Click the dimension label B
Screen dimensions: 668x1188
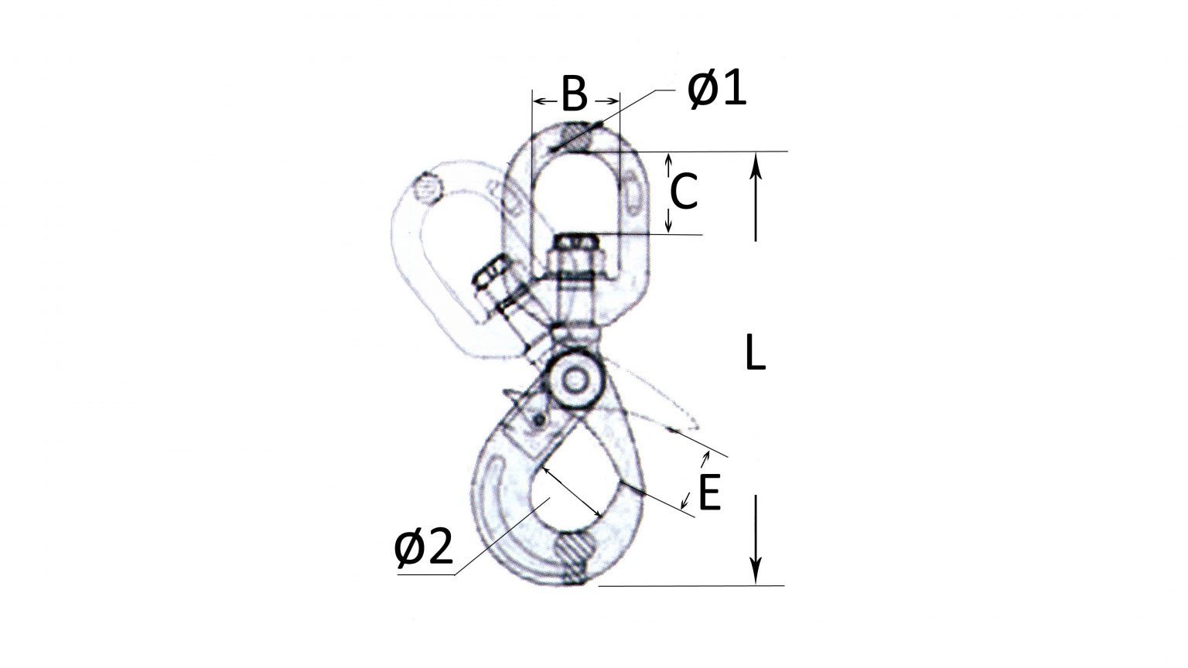pyautogui.click(x=574, y=94)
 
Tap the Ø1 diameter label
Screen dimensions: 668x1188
pyautogui.click(x=716, y=91)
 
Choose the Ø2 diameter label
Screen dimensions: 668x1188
pyautogui.click(x=422, y=549)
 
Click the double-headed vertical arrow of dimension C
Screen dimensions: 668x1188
pyautogui.click(x=669, y=193)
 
